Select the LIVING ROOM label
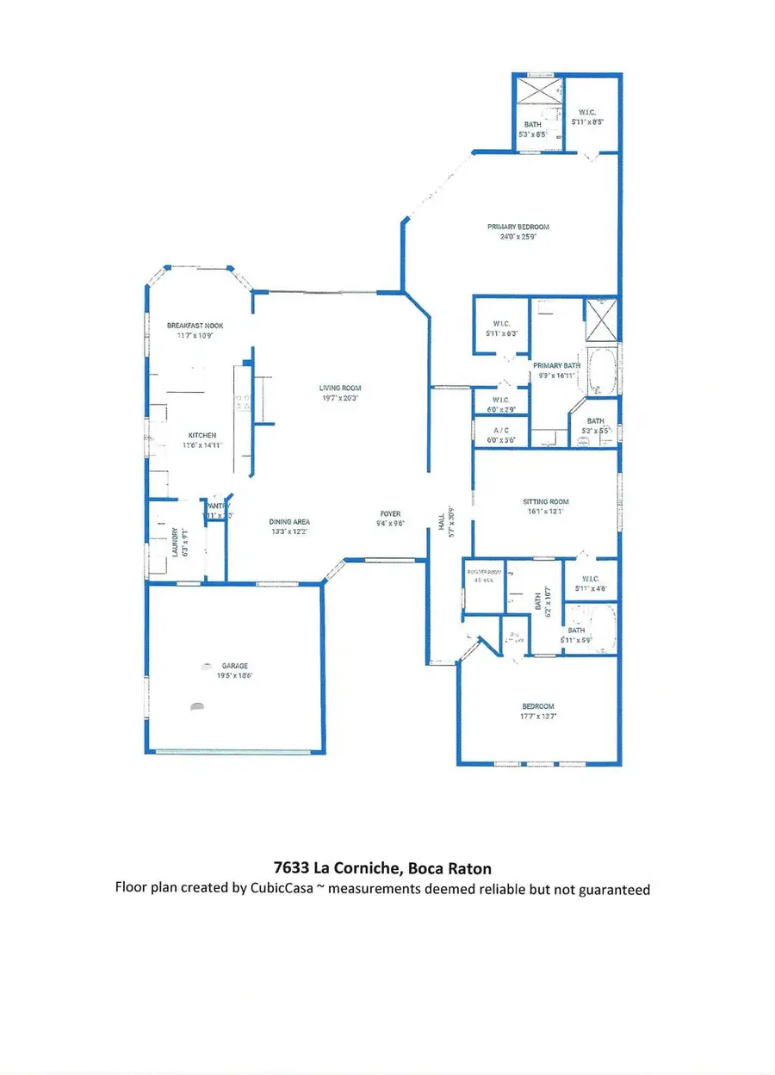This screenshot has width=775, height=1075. [338, 388]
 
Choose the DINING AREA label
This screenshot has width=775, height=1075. [288, 522]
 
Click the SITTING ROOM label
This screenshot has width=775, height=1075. [546, 502]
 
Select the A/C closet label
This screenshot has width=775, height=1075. [501, 430]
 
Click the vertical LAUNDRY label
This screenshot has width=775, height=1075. [173, 543]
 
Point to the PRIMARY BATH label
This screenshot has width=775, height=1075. [556, 365]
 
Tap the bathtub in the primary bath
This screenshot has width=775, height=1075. [601, 371]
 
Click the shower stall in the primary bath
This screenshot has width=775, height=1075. [601, 315]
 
